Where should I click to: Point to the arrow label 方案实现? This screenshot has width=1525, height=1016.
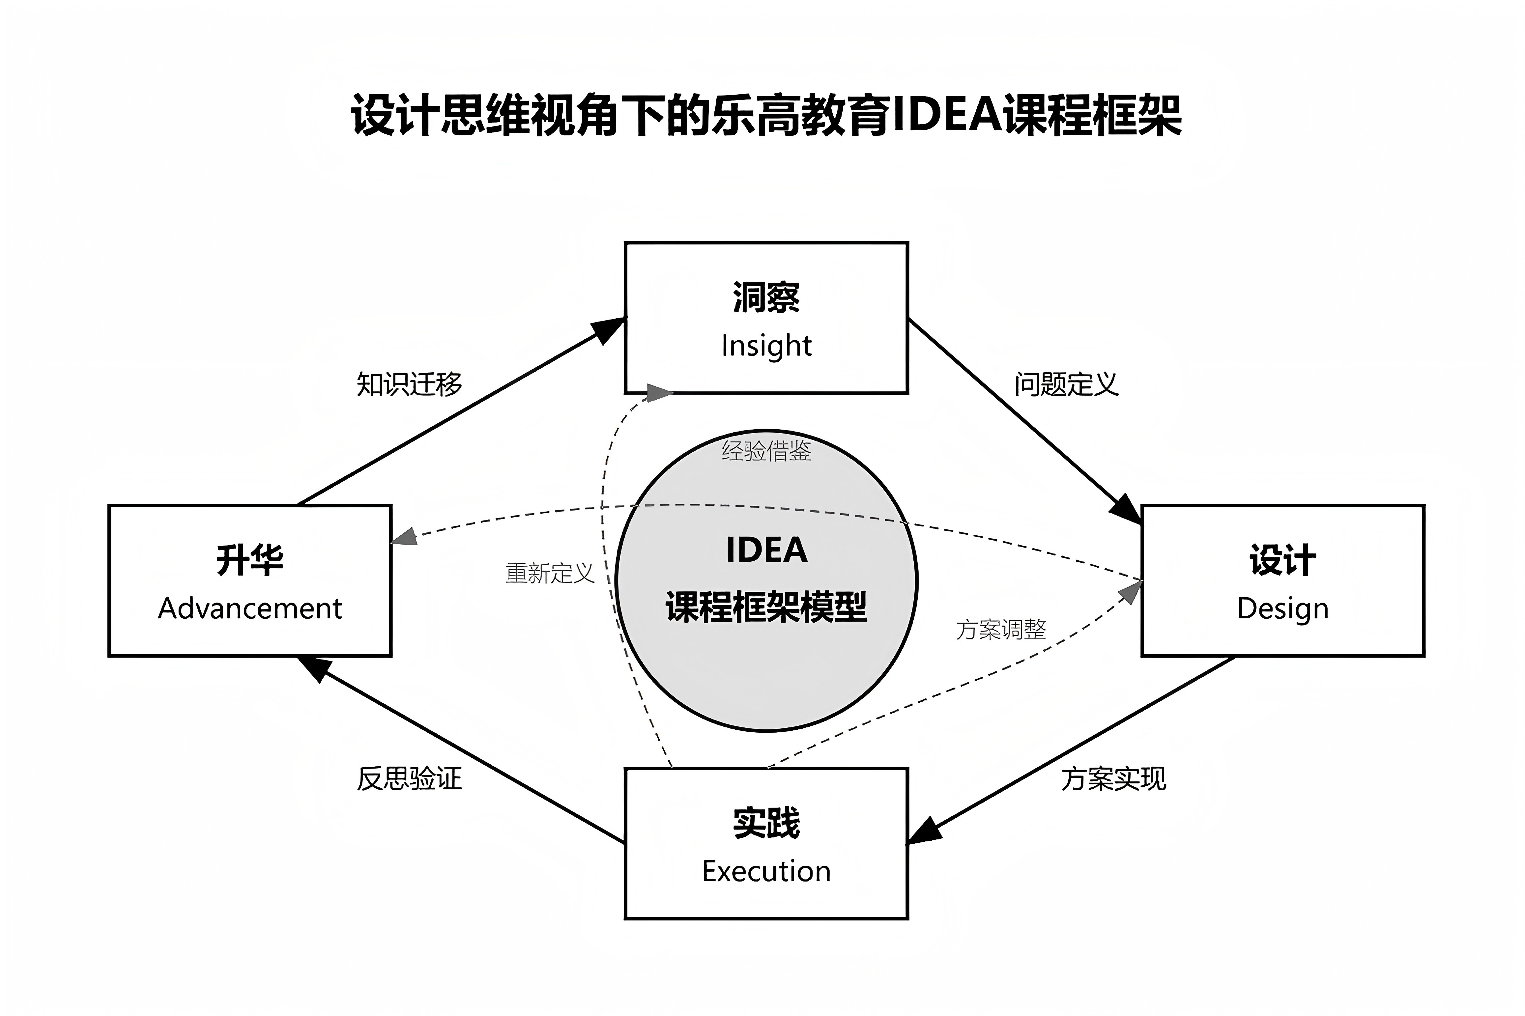[1113, 779]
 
